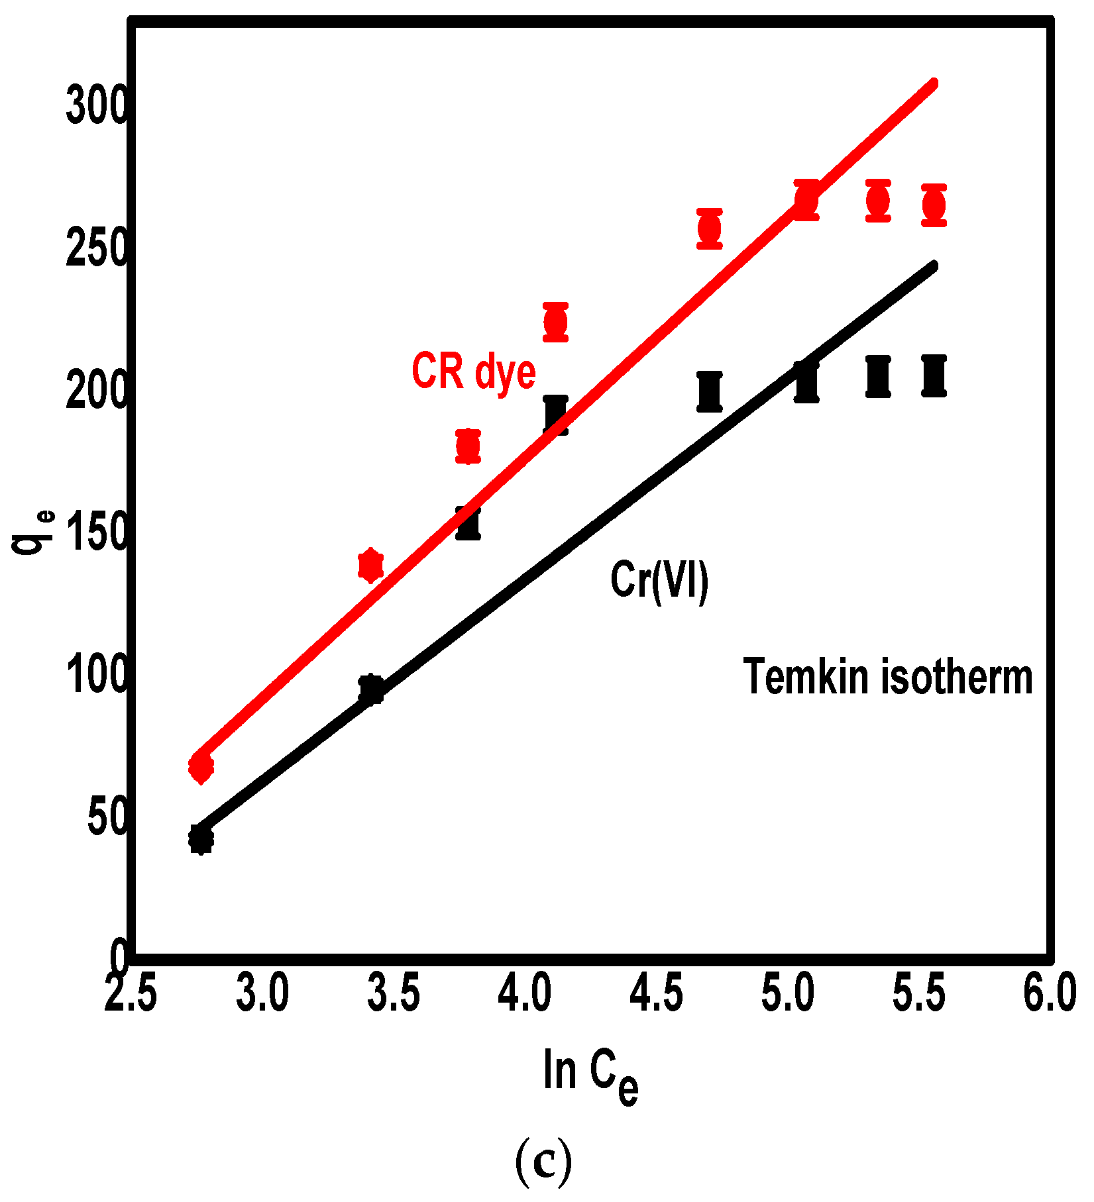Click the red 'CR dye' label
pyautogui.click(x=473, y=372)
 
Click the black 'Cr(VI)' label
pyautogui.click(x=659, y=581)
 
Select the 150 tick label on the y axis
pyautogui.click(x=96, y=534)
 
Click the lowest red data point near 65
pyautogui.click(x=201, y=768)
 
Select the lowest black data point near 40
pyautogui.click(x=201, y=839)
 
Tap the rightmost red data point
pyautogui.click(x=934, y=205)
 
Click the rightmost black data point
pyautogui.click(x=934, y=376)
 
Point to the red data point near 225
pyautogui.click(x=555, y=323)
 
